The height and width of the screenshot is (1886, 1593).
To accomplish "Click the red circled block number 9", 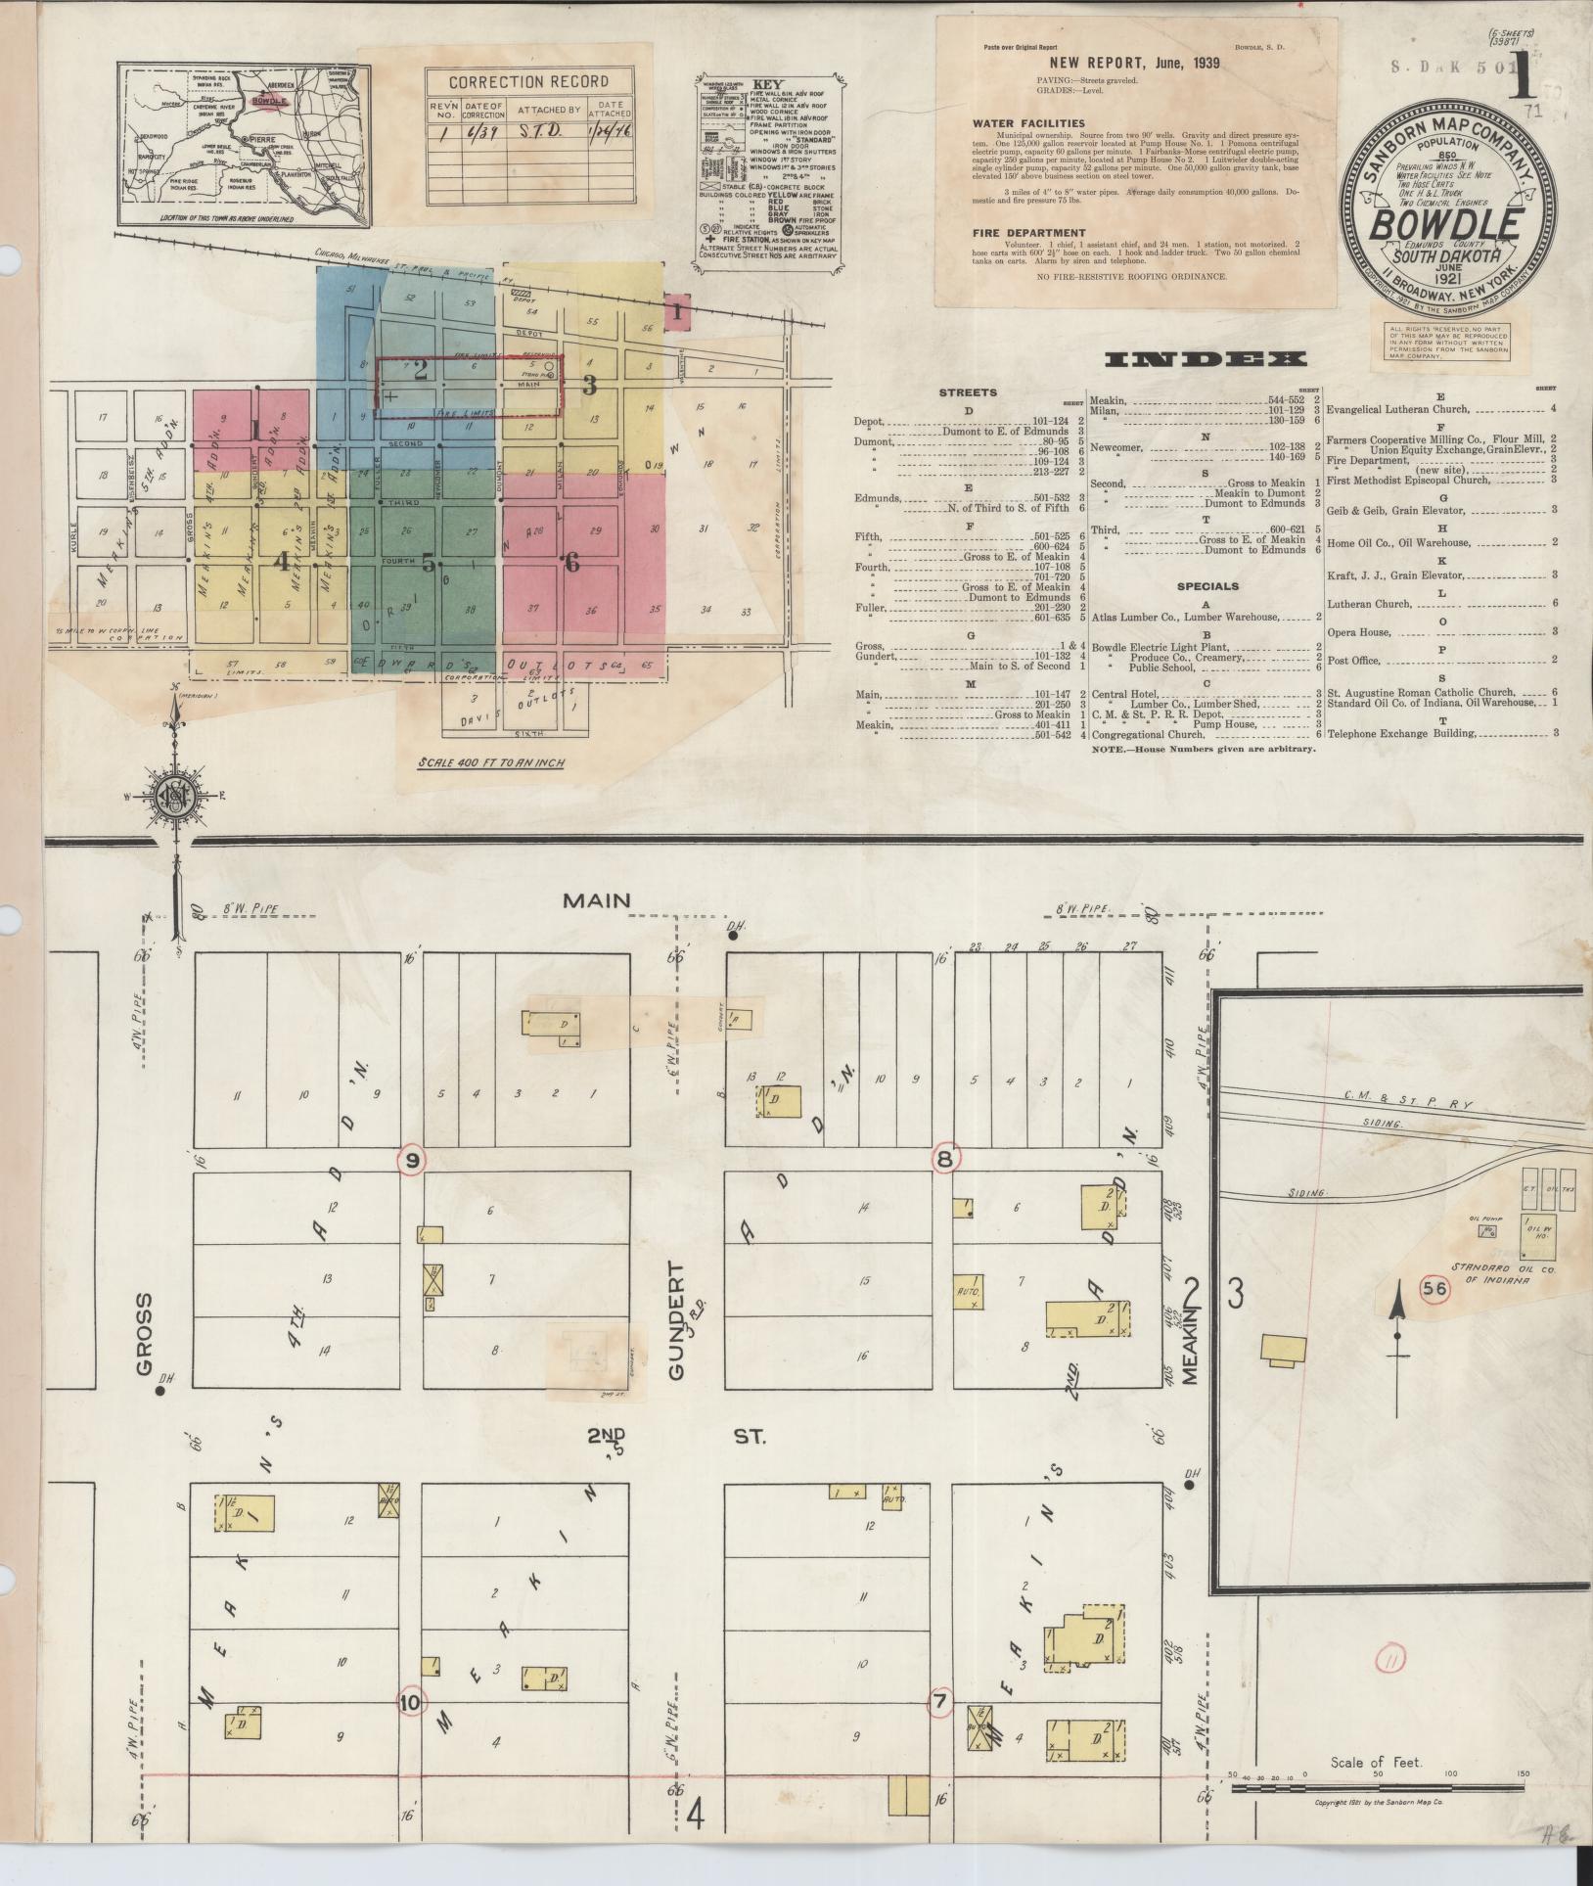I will pyautogui.click(x=413, y=1159).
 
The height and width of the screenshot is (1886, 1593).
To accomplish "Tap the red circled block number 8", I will pyautogui.click(x=945, y=1158).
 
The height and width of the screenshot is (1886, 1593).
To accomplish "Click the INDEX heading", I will pyautogui.click(x=1206, y=360).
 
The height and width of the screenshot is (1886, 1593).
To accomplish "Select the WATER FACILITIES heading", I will pyautogui.click(x=1027, y=123).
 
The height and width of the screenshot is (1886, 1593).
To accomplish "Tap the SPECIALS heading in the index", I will pyautogui.click(x=1206, y=587).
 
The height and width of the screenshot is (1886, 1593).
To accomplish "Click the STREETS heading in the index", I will pyautogui.click(x=968, y=392).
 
